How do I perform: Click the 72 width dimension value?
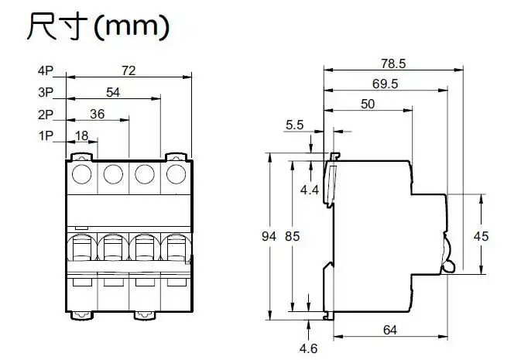(129, 70)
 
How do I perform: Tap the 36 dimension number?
(97, 114)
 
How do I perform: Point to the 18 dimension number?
(81, 135)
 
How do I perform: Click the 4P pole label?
(45, 71)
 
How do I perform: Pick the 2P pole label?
(45, 115)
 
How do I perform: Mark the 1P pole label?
(45, 136)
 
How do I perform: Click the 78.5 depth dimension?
(393, 63)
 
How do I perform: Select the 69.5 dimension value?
(384, 84)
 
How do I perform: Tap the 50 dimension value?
(368, 105)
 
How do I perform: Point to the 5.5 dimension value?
(295, 124)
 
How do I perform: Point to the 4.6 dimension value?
(309, 348)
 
